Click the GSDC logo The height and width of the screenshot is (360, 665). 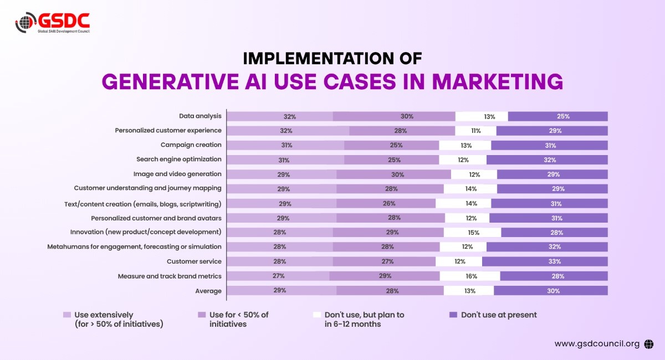click(x=52, y=22)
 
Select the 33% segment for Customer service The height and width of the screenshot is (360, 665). click(x=544, y=261)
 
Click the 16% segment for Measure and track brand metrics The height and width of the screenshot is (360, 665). click(x=469, y=276)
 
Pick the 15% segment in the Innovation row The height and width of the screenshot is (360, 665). click(x=472, y=233)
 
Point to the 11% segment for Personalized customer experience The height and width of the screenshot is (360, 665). click(x=475, y=131)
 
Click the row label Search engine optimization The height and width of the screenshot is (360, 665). click(x=178, y=160)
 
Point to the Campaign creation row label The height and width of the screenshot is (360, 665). click(x=191, y=145)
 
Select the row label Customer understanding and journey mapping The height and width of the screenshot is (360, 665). click(x=147, y=188)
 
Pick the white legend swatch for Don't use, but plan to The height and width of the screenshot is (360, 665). click(x=317, y=315)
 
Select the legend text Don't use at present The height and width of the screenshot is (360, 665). click(x=499, y=315)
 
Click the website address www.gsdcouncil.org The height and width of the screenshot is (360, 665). click(x=597, y=344)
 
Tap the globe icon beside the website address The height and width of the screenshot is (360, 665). click(x=649, y=344)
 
